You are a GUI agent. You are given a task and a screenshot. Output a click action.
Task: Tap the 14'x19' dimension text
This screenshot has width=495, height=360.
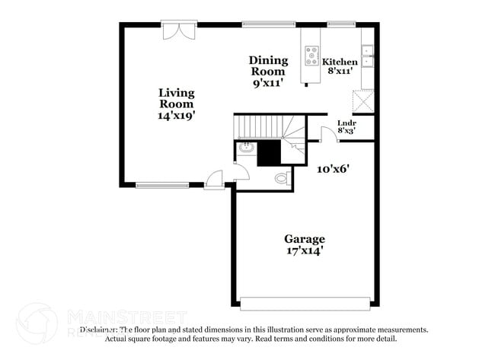click(x=177, y=116)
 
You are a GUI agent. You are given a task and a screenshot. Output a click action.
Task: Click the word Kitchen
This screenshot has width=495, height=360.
click(x=340, y=62)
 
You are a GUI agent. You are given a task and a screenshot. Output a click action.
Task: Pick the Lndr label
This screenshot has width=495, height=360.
click(x=346, y=122)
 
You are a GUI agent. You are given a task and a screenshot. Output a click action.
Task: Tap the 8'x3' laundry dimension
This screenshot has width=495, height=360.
click(x=346, y=130)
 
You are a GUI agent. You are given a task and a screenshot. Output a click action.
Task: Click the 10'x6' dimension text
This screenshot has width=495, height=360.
click(x=333, y=169)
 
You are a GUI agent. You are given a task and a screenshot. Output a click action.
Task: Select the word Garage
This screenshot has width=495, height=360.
click(x=305, y=238)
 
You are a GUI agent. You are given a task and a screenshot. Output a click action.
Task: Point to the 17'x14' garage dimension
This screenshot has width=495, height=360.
click(x=305, y=250)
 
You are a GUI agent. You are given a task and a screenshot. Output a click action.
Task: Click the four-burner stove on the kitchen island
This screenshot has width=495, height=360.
click(x=312, y=55)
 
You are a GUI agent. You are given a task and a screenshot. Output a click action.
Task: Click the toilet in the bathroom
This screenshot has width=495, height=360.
click(x=281, y=179)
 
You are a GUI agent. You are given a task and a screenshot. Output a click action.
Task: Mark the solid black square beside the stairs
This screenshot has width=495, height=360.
click(x=269, y=152)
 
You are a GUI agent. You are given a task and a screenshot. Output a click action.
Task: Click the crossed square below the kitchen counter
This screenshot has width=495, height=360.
click(x=363, y=100)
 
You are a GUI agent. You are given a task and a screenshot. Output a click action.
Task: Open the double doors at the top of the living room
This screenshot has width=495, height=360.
click(x=180, y=30)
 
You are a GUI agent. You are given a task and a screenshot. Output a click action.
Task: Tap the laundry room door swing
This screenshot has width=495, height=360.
click(x=328, y=135)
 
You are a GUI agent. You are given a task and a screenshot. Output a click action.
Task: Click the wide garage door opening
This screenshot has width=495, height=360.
click(x=305, y=303)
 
